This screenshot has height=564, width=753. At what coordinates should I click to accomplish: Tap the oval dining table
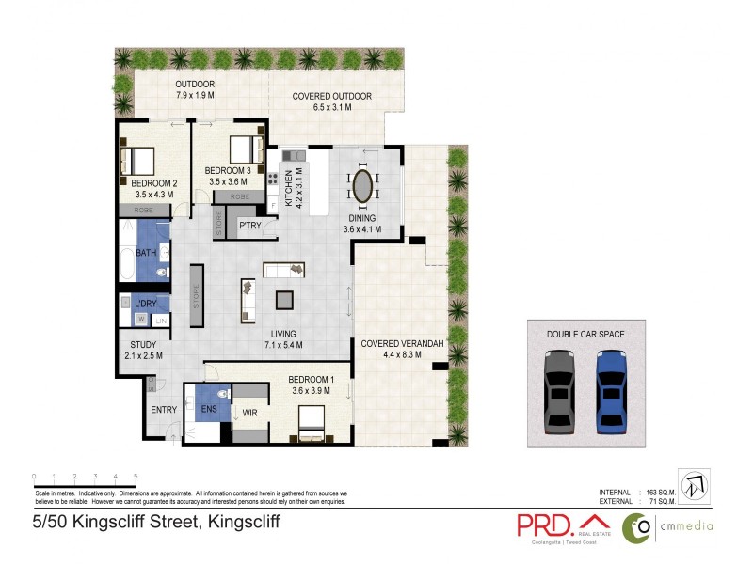coord(362,185)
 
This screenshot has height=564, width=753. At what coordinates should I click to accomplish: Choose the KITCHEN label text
coord(276,188)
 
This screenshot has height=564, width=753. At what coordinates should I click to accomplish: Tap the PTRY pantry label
coord(249,226)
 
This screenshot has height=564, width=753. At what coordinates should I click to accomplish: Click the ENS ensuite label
coord(209,410)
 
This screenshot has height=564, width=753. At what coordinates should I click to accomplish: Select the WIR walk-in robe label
coord(249,411)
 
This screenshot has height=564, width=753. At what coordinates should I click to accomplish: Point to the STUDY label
coord(143,344)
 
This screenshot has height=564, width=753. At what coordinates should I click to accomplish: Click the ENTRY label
coord(164,410)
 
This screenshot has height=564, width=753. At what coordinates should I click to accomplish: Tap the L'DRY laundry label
coord(145,304)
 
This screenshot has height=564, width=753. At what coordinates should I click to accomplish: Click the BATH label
coord(146,253)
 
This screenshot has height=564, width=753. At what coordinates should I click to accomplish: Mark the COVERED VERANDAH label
coord(402,344)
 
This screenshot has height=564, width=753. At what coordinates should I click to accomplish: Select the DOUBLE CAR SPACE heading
coord(585,334)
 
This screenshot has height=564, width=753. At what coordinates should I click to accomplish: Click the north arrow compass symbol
coord(694,486)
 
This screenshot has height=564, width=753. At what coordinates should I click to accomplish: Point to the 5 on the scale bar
coord(136,477)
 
